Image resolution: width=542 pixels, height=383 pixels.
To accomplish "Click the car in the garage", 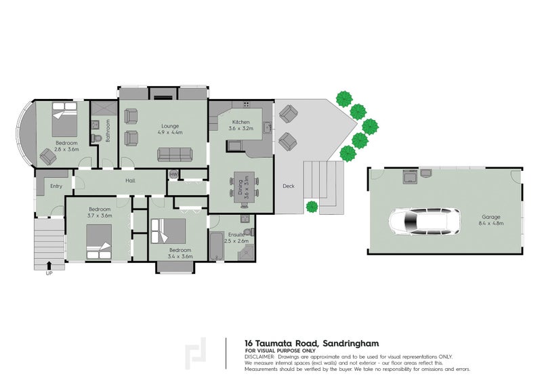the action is tap(425, 222).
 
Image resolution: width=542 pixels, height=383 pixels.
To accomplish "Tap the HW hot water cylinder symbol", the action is tap(173, 175).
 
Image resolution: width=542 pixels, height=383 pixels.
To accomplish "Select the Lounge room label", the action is tap(170, 126).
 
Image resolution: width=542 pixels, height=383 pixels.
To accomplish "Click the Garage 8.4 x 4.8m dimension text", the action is tap(491, 223).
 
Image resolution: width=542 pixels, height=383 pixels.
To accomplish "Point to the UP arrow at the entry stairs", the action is tap(49, 265).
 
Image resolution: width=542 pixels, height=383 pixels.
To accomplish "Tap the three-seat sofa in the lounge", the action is tap(175, 155).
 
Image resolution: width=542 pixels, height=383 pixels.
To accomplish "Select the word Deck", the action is tap(289, 186).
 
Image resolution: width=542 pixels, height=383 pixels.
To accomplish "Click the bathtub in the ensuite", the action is tap(216, 246).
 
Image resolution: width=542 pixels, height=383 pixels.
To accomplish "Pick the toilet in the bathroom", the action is tap(96, 138).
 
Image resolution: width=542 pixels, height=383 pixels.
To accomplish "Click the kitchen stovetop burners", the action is tap(247, 104).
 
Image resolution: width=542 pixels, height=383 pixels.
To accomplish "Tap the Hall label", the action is tap(130, 180).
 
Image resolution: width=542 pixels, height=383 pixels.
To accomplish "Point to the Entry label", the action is tap(56, 186).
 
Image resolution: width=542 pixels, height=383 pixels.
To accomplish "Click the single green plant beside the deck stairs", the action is tap(312, 207).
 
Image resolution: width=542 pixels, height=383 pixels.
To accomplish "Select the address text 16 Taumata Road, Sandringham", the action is tap(312, 344).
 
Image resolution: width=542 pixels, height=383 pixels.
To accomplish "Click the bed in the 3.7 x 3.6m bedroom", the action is tap(99, 241).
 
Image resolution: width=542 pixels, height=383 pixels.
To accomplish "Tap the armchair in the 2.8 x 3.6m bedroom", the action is tap(48, 157).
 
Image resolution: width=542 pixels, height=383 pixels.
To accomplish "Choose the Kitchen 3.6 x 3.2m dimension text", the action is tap(241, 128).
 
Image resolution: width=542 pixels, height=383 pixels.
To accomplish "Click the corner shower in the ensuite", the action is tap(246, 253).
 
